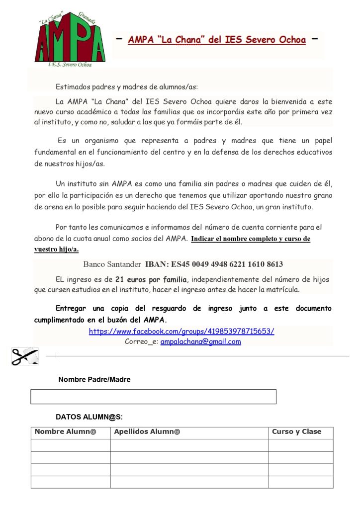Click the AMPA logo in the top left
pyautogui.click(x=70, y=38)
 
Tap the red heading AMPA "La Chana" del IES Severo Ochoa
pyautogui.click(x=217, y=40)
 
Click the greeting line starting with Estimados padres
pyautogui.click(x=127, y=86)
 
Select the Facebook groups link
pyautogui.click(x=181, y=331)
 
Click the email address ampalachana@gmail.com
pyautogui.click(x=200, y=341)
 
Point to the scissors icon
pyautogui.click(x=24, y=356)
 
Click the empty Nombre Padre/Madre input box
pyautogui.click(x=153, y=397)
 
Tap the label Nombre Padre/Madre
pyautogui.click(x=94, y=379)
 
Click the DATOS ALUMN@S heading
pyautogui.click(x=89, y=417)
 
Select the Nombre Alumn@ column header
pyautogui.click(x=66, y=432)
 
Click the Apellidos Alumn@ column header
pyautogui.click(x=147, y=432)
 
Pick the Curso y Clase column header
pyautogui.click(x=296, y=432)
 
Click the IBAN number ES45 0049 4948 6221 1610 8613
pyautogui.click(x=214, y=264)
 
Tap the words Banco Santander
pyautogui.click(x=112, y=264)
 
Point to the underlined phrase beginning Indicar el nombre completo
pyautogui.click(x=251, y=239)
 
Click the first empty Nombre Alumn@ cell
pyautogui.click(x=71, y=445)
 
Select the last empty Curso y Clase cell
pyautogui.click(x=300, y=482)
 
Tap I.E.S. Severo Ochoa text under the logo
pyautogui.click(x=70, y=65)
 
